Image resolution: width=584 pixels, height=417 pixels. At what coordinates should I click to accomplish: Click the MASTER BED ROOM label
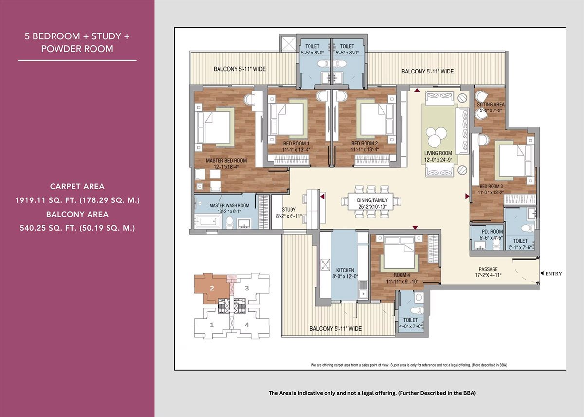click(226, 160)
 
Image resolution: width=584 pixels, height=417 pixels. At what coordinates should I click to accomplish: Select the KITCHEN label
click(345, 270)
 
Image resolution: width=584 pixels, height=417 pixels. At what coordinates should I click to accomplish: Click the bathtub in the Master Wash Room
click(205, 222)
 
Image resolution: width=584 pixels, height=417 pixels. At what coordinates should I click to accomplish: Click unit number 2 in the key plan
click(212, 288)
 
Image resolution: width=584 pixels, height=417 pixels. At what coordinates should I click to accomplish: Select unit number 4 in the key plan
click(247, 325)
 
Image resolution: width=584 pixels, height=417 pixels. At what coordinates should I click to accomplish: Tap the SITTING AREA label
click(491, 104)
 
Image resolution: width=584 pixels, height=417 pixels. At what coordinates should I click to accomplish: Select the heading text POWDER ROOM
click(77, 49)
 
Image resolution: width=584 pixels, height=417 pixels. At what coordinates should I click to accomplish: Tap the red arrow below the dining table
click(415, 227)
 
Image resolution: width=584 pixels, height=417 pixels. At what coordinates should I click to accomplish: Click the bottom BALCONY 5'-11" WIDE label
click(335, 329)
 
